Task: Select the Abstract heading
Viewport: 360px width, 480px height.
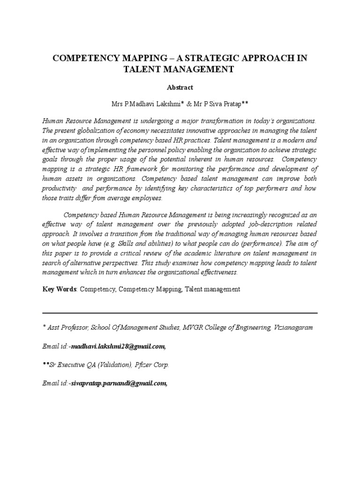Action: [180, 87]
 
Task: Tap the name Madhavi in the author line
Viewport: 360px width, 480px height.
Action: [140, 102]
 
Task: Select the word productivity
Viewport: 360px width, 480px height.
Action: [59, 188]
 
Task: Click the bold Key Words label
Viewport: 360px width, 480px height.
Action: [60, 289]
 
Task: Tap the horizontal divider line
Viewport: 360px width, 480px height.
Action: [180, 313]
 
